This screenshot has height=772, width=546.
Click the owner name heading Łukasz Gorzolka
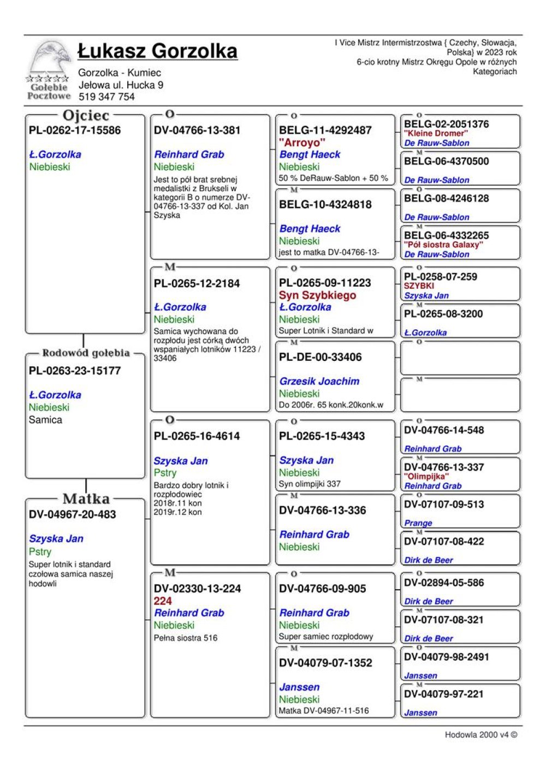[x=157, y=51]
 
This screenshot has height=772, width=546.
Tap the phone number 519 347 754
[x=106, y=97]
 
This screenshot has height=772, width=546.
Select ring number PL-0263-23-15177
[x=75, y=371]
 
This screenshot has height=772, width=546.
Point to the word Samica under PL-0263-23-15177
[x=45, y=420]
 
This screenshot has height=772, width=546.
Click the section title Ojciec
[x=86, y=115]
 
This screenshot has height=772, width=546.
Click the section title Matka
[x=86, y=498]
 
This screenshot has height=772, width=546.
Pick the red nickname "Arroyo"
[x=302, y=142]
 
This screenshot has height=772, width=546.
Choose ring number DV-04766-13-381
[x=197, y=130]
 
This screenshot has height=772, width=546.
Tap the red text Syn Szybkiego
[x=317, y=295]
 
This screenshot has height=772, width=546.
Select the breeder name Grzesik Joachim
[x=319, y=381]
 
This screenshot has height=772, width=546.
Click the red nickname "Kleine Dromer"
[x=436, y=133]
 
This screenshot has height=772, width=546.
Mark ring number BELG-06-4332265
[x=447, y=235]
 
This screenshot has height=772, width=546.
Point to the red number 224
[x=163, y=601]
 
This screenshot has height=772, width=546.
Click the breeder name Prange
[x=418, y=523]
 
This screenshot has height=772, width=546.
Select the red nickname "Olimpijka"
[x=426, y=476]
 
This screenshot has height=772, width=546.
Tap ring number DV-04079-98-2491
[x=447, y=657]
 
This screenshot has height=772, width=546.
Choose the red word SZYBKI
[x=419, y=286]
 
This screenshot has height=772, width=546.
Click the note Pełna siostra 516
[x=186, y=638]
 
